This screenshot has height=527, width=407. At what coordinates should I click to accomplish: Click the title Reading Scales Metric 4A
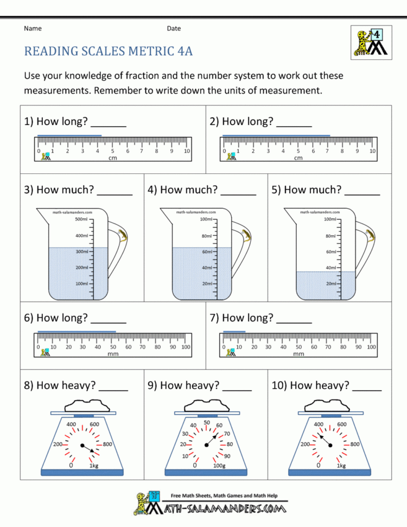pyautogui.click(x=109, y=52)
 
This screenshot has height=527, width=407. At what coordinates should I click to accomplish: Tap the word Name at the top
pyautogui.click(x=33, y=28)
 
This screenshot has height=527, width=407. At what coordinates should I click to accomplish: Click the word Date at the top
pyautogui.click(x=174, y=28)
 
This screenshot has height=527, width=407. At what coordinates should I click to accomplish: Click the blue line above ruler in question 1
pyautogui.click(x=69, y=135)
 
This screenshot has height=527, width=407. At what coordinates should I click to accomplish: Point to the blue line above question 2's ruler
pyautogui.click(x=276, y=135)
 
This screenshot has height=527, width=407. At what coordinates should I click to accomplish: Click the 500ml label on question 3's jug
pyautogui.click(x=81, y=219)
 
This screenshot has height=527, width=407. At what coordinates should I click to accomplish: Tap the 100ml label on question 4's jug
pyautogui.click(x=206, y=219)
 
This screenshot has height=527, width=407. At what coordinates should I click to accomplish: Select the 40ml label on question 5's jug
pyautogui.click(x=330, y=268)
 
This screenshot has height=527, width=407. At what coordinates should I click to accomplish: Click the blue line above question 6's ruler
pyautogui.click(x=77, y=331)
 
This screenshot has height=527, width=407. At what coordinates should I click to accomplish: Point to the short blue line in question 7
pyautogui.click(x=234, y=331)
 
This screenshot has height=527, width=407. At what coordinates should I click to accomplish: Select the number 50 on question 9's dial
pyautogui.click(x=206, y=422)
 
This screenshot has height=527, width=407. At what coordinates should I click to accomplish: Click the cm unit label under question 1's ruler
pyautogui.click(x=113, y=159)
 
